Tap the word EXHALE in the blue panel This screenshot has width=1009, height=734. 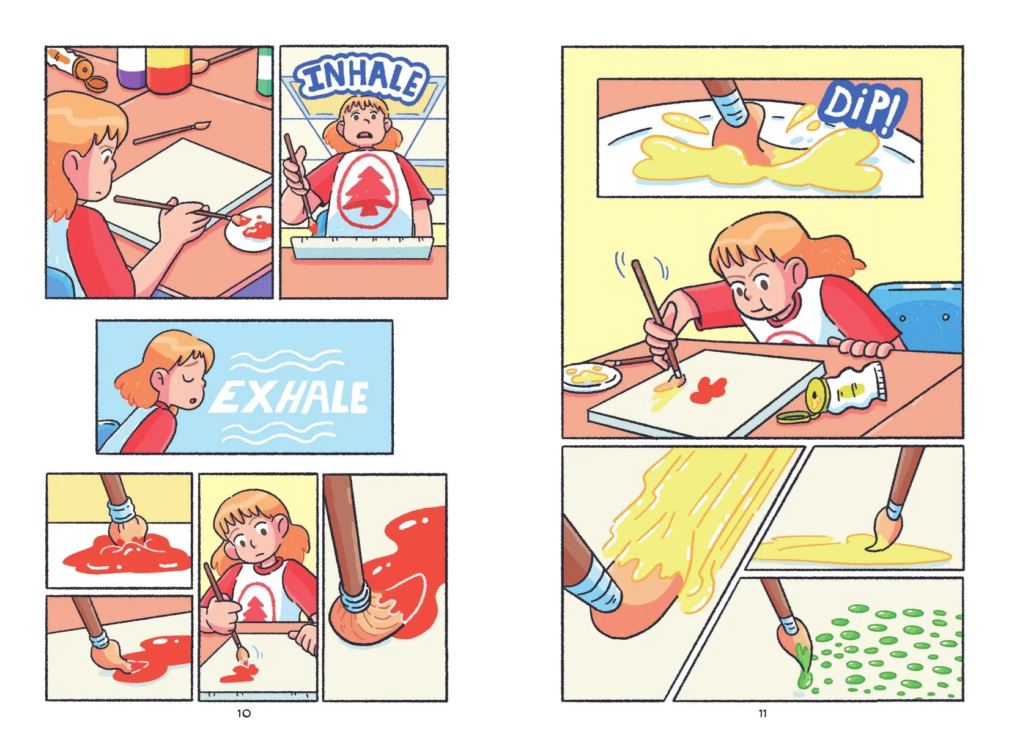click(x=289, y=398)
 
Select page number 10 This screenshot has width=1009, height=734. click(x=244, y=713)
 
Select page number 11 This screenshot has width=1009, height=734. click(x=762, y=713)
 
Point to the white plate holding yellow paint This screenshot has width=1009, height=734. click(x=591, y=376)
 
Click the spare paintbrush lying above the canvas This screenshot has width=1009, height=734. click(x=172, y=133)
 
